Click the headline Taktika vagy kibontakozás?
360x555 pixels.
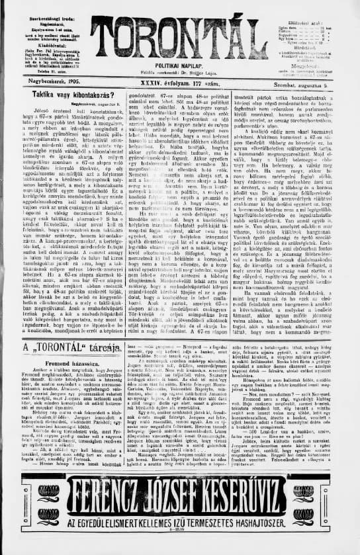[74, 96]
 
